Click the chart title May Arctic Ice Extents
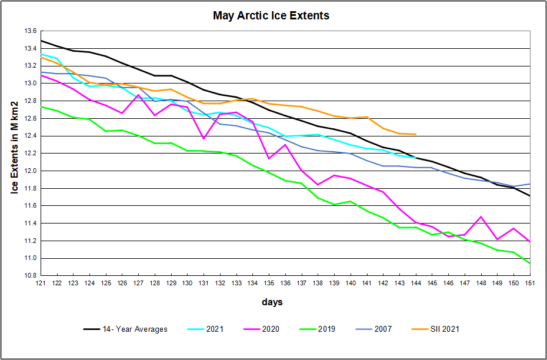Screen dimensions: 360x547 pos(271,16)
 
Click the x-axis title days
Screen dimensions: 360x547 pos(272,302)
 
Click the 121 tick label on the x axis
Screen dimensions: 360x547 pos(41,284)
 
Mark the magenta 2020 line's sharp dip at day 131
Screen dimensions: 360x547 pos(204,138)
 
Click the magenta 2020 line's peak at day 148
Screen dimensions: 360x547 pos(481,216)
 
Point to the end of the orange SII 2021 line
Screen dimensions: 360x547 pos(416,134)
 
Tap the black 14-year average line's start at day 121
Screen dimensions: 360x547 pos(41,41)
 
